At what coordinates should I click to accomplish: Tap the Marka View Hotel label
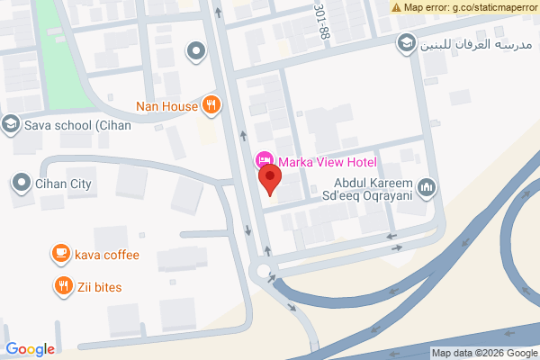coord(327,163)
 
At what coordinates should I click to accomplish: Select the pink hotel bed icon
coord(265,161)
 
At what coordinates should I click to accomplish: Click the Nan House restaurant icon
coord(211,105)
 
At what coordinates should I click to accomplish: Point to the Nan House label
coord(166,106)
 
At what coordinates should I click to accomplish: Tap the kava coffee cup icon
coord(61,254)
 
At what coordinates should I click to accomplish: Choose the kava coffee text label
coord(107,255)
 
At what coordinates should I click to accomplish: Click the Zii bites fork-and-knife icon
coord(61,286)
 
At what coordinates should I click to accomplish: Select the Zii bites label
coord(98,287)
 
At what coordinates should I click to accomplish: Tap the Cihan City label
coord(64,184)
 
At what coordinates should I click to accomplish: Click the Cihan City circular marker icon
coord(21,184)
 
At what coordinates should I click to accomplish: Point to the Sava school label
coord(78,125)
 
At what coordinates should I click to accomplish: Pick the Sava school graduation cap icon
coord(10,124)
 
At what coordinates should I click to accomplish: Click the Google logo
coord(31,349)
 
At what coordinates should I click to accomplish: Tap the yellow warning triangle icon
coord(397,6)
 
